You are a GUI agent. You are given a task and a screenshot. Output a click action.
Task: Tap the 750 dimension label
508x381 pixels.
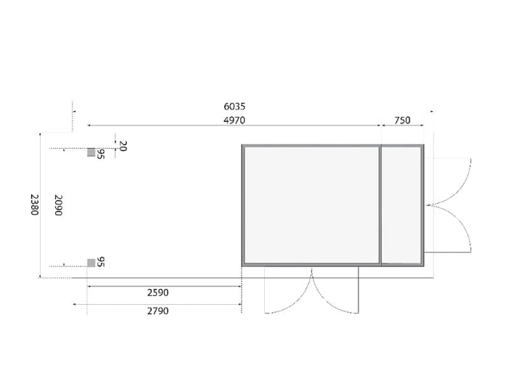tap(403, 120)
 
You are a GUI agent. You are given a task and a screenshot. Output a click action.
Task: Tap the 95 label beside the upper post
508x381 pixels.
tap(101, 154)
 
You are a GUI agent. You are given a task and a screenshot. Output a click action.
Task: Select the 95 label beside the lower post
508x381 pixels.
tap(101, 261)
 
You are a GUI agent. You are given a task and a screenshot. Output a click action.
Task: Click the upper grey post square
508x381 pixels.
tap(91, 152)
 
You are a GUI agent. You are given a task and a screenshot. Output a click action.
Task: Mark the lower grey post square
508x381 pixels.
tap(91, 262)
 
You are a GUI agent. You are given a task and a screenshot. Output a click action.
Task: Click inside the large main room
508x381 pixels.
tap(311, 205)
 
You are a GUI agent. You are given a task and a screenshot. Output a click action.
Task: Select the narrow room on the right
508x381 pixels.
tap(401, 205)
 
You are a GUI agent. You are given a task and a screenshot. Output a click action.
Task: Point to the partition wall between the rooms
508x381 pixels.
tap(380, 205)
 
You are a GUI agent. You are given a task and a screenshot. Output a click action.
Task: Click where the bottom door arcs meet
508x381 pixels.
tap(312, 271)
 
